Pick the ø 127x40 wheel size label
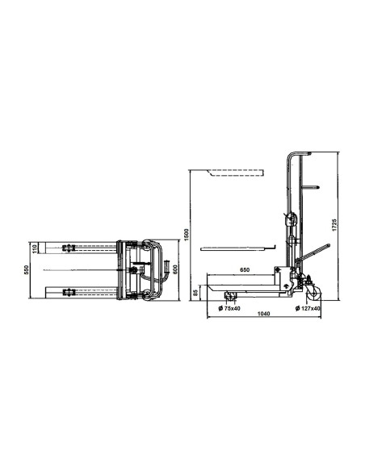pyautogui.click(x=308, y=307)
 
